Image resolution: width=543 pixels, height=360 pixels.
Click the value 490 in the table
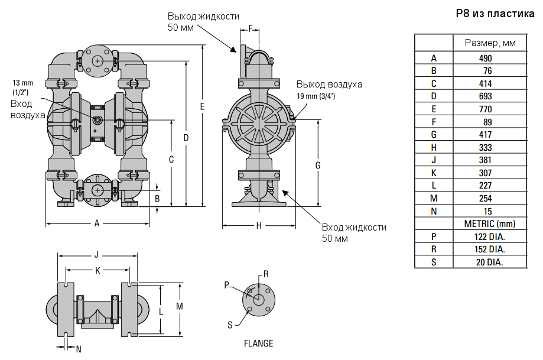(485, 58)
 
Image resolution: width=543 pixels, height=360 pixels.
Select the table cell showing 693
(485, 96)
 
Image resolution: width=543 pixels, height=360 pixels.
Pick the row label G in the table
(434, 135)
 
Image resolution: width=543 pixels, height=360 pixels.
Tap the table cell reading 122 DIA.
(489, 237)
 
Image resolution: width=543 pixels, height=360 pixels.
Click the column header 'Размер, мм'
(490, 43)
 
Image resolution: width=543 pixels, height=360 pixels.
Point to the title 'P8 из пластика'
(495, 14)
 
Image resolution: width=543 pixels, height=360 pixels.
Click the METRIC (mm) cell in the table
(490, 224)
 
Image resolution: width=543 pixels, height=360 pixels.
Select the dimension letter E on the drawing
(202, 107)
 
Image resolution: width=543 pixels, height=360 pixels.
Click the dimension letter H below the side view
(259, 225)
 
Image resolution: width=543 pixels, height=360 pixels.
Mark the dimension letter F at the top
(250, 28)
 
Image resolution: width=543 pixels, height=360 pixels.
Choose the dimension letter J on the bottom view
(96, 255)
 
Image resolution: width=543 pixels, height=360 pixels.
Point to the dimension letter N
(79, 349)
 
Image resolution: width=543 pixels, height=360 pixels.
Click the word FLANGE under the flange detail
(259, 343)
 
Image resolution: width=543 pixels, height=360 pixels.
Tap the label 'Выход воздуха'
(330, 84)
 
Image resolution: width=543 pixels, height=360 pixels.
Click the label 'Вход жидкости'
(354, 228)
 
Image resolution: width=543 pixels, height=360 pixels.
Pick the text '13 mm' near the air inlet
(23, 82)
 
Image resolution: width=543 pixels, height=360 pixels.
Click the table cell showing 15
(487, 212)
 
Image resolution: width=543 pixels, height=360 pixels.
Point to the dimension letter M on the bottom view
(180, 306)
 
